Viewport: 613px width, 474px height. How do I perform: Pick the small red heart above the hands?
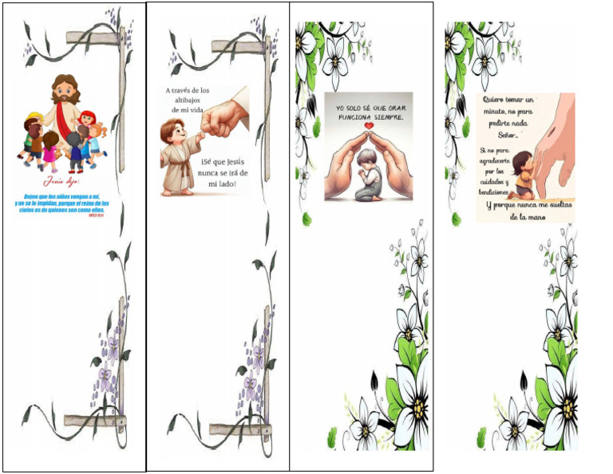pos(368,125)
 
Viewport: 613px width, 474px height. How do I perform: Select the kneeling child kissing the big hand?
pos(524,174)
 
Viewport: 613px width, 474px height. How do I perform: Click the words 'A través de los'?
pos(187,91)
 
